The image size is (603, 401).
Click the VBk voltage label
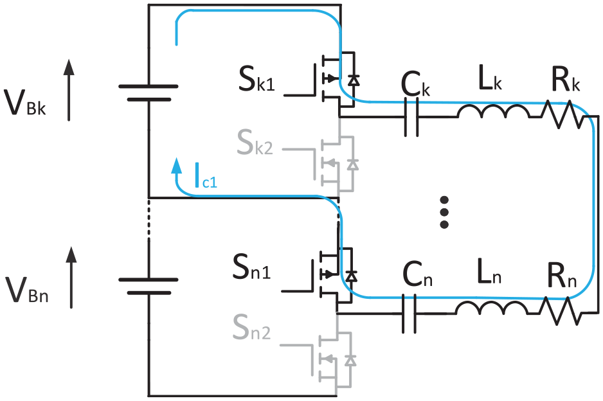[24, 102]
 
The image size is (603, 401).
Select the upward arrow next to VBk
[69, 90]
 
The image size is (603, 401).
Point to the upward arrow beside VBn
[71, 277]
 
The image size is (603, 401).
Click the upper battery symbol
[148, 93]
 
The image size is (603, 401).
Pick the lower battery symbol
[148, 286]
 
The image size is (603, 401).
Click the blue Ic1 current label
[206, 175]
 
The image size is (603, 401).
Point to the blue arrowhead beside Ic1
[177, 165]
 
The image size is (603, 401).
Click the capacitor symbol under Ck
[411, 117]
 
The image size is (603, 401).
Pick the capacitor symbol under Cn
[409, 314]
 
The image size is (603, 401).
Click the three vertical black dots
[444, 212]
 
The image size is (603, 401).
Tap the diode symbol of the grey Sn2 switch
[350, 361]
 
